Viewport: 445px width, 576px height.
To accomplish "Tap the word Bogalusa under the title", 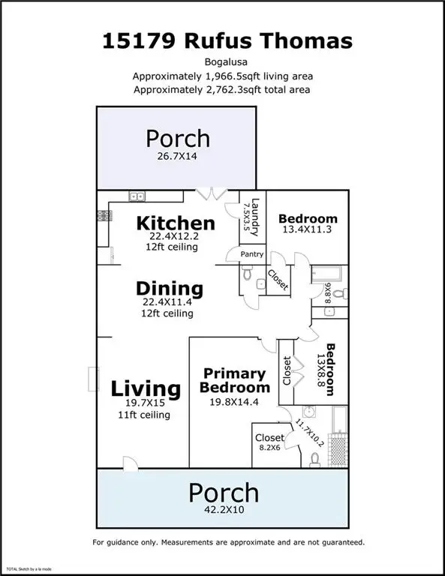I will [x=222, y=63].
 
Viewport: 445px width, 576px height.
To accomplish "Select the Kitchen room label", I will [x=176, y=223].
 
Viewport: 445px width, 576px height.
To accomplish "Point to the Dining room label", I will [x=170, y=288].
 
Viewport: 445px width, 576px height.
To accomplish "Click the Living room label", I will [x=146, y=389].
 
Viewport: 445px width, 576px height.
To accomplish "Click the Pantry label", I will [x=251, y=254].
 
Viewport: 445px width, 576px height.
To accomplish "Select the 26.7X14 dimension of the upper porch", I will [x=177, y=157].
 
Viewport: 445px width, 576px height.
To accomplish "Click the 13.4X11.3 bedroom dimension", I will [x=308, y=232].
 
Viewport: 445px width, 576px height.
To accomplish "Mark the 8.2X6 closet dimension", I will [x=269, y=448].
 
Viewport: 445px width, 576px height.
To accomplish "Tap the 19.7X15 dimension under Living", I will [x=146, y=403].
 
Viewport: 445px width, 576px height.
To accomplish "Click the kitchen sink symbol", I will [x=137, y=196].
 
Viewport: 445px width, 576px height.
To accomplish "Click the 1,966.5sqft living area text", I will [x=222, y=76].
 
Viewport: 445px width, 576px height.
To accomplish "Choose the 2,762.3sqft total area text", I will [x=222, y=90].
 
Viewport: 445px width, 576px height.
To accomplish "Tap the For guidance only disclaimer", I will [x=228, y=541].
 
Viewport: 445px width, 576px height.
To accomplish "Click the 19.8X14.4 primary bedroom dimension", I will [x=234, y=402].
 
